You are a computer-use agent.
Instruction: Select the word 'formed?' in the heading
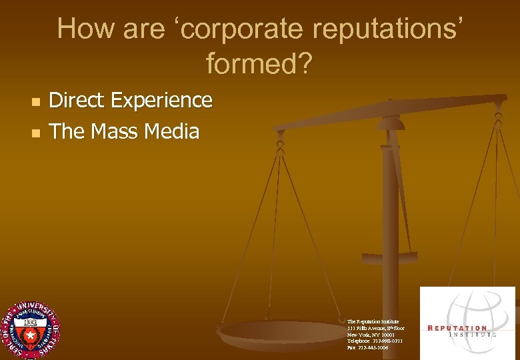[259, 64]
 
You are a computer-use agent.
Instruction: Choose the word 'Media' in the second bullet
[173, 131]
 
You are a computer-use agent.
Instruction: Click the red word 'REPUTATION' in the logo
[458, 327]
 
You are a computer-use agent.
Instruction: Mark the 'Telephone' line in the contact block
[375, 341]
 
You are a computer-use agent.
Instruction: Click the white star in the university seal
[29, 331]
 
